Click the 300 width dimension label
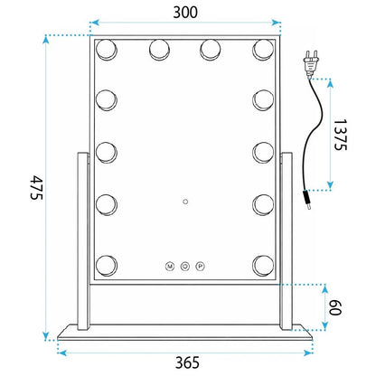(185, 13)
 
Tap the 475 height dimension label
(37, 187)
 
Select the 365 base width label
(187, 362)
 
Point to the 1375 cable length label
(341, 135)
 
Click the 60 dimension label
(334, 307)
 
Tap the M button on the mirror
(170, 267)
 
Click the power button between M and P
(185, 267)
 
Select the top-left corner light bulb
(107, 50)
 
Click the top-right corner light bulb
(263, 50)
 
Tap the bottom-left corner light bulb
(107, 266)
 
